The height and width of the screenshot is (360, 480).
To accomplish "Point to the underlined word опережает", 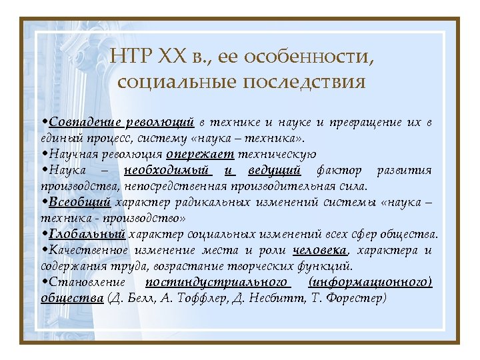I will click(201, 155).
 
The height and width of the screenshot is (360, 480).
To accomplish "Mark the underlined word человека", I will click(319, 251).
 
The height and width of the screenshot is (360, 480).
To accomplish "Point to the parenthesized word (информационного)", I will click(371, 283).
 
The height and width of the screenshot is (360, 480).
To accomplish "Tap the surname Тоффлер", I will click(195, 299).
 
